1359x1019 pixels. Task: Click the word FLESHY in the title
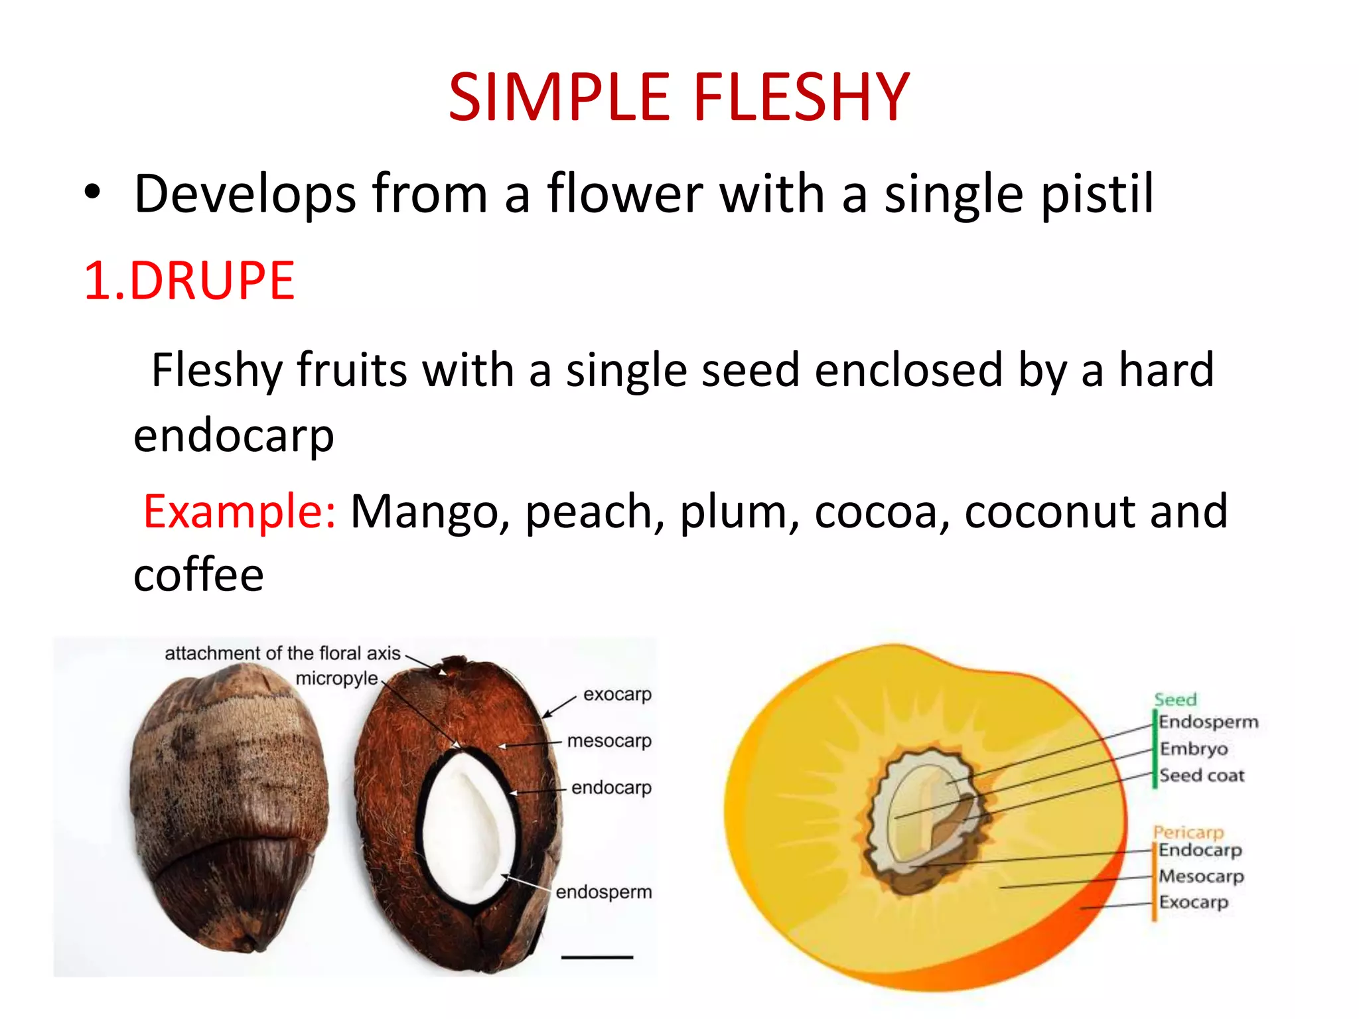801,98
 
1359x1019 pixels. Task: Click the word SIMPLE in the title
559,98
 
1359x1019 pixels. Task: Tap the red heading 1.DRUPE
189,281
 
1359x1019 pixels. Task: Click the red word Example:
240,511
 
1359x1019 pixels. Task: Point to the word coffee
198,575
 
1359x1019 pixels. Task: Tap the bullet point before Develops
92,193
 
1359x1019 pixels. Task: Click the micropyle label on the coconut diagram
336,679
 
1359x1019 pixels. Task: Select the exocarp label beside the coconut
617,695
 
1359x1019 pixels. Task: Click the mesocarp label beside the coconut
609,740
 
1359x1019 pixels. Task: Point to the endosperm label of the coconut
604,892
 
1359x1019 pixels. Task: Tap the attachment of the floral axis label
283,653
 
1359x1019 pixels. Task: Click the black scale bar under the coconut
597,957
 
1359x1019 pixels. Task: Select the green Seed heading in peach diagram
1175,700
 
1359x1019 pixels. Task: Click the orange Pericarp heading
1188,832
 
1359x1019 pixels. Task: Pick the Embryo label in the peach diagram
1194,749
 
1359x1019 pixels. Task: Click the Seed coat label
1202,776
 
